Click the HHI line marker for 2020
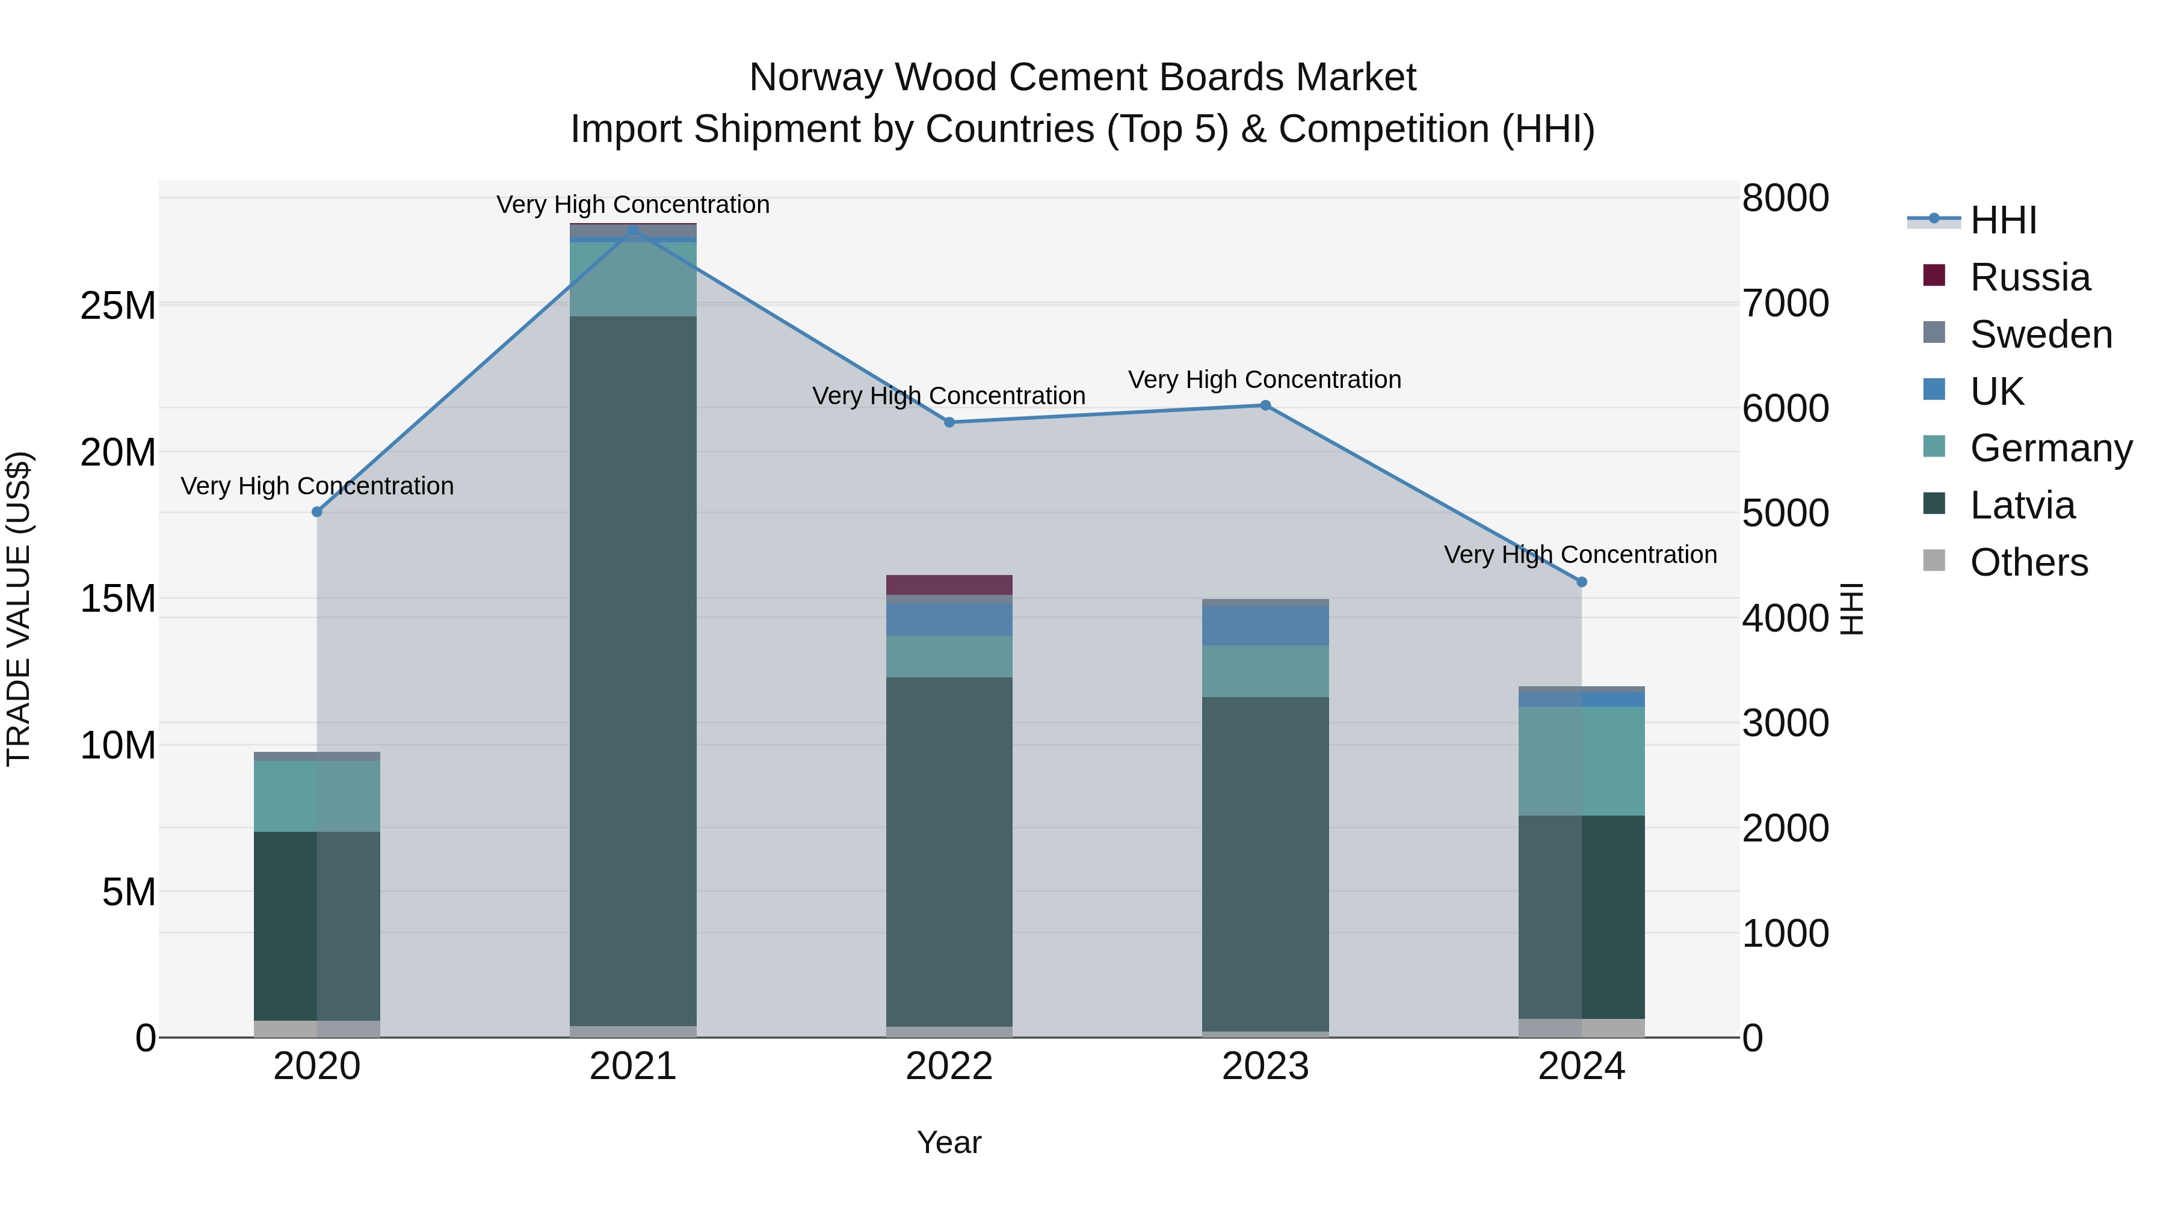click(x=317, y=512)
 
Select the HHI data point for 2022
click(x=949, y=422)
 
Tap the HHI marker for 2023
click(x=1265, y=405)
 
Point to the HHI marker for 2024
click(x=1582, y=582)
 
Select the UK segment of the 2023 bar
click(x=1265, y=626)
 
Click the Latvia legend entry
click(x=2022, y=505)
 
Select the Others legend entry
click(x=2028, y=562)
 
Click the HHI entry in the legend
click(x=2003, y=220)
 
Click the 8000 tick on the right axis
click(x=1785, y=198)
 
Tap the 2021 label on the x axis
click(x=633, y=1066)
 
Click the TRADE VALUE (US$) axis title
click(x=19, y=609)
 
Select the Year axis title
click(x=949, y=1142)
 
